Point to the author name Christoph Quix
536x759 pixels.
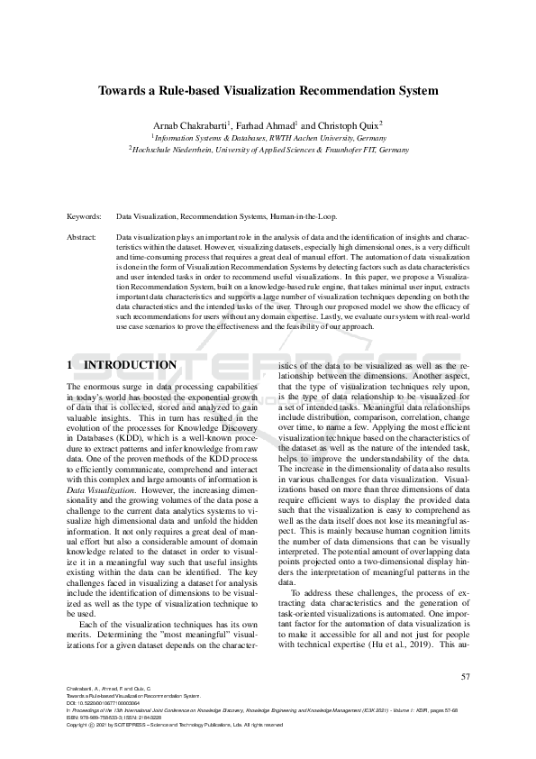348,124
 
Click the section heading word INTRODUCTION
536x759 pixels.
130,365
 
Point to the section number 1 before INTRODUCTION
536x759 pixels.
70,365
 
